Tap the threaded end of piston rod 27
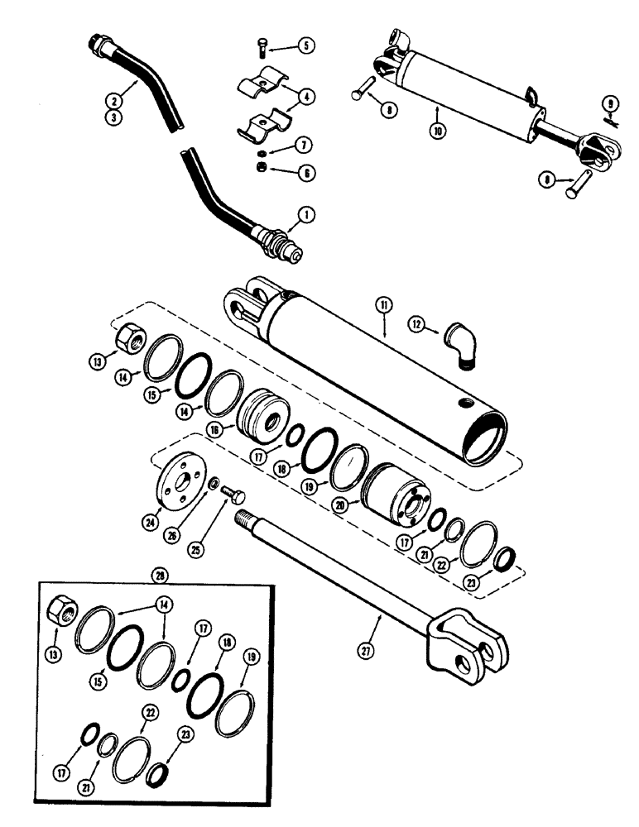point(248,520)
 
